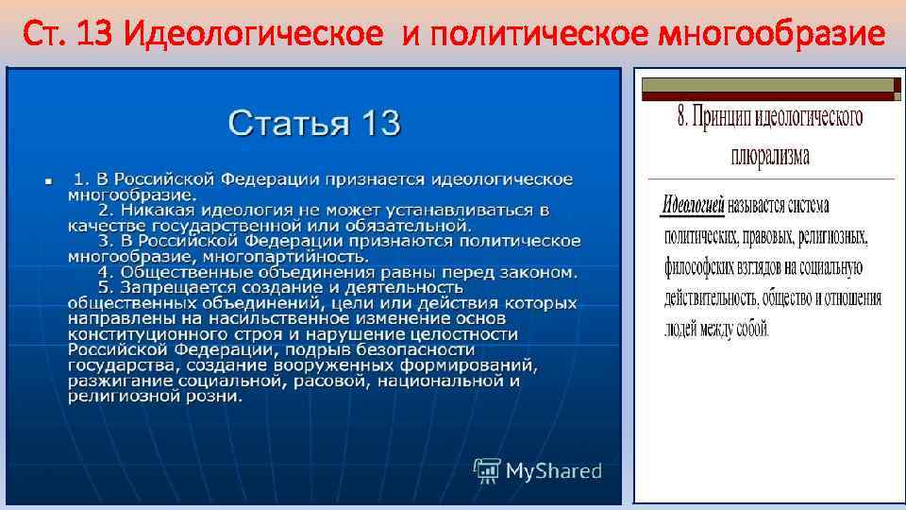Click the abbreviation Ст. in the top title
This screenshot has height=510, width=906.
click(43, 36)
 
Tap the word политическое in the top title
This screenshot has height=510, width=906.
click(548, 36)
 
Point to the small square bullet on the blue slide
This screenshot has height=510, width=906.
click(45, 179)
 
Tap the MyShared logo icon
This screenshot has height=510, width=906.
click(487, 470)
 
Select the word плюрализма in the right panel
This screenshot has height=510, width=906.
click(770, 155)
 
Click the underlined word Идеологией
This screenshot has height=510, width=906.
click(693, 204)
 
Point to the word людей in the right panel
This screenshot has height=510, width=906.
click(681, 331)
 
